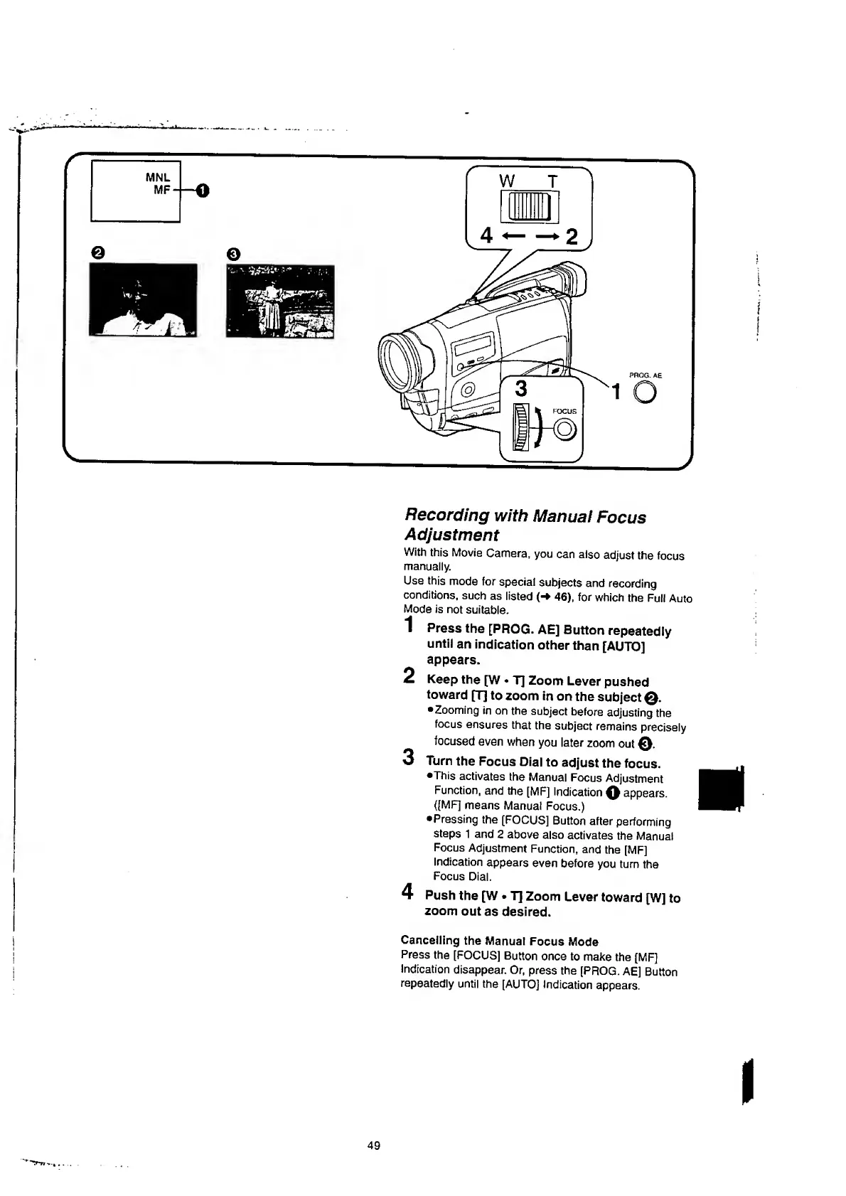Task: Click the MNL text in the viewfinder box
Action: click(x=158, y=177)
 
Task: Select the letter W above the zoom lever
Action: click(x=506, y=181)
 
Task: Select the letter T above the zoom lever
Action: click(x=552, y=181)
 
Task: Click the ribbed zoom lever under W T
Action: click(x=529, y=208)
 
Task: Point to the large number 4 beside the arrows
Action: click(x=486, y=235)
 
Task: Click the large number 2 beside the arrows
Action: click(x=571, y=235)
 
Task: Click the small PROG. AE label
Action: click(x=646, y=375)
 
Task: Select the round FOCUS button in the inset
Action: click(x=565, y=429)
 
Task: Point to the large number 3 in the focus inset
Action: click(x=521, y=389)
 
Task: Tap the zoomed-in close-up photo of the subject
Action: click(x=143, y=299)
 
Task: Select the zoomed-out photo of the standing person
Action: click(x=279, y=301)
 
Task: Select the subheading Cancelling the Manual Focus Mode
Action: click(x=499, y=941)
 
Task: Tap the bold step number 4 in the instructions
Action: click(x=407, y=890)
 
